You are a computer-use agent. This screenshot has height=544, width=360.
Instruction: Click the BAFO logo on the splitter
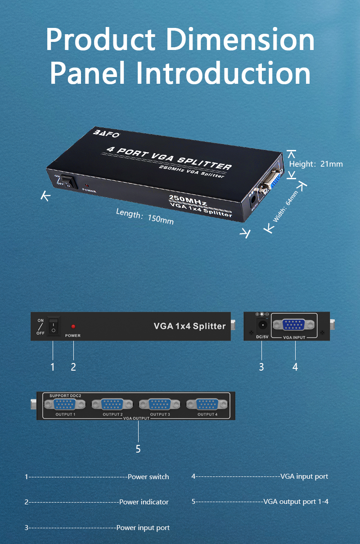coord(106,133)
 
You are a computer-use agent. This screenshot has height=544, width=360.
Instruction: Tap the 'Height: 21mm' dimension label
coord(316,164)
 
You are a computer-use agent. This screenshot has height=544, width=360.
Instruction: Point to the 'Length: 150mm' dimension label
coord(145,216)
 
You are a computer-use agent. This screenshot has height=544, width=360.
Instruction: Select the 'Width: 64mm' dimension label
coord(285,206)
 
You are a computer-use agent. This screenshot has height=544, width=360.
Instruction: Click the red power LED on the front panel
coord(73,326)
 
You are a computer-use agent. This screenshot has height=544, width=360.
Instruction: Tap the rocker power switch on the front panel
coord(54,326)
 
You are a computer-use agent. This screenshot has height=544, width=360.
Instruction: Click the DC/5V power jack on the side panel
coord(262,325)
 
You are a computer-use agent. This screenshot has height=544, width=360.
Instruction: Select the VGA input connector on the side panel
coord(294,325)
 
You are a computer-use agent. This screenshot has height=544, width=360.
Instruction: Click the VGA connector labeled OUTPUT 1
coord(65,404)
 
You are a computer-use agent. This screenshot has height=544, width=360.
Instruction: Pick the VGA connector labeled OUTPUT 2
coord(112,404)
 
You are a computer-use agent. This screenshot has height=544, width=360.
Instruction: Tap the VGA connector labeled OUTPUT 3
coord(159,404)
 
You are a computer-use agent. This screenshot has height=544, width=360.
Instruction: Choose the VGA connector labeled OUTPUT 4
coord(207,404)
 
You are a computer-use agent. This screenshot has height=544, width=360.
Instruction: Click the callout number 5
coord(138,449)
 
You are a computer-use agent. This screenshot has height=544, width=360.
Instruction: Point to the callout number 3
coord(261,367)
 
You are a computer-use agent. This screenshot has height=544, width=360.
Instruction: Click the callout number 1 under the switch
coord(53,367)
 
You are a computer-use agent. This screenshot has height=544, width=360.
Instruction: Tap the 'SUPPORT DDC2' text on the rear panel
coord(65,395)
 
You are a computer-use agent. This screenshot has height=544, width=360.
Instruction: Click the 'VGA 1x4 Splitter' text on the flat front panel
coord(189,326)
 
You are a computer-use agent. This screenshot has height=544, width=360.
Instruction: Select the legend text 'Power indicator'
coord(144,502)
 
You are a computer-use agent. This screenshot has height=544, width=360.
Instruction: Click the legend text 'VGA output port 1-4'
coord(296,501)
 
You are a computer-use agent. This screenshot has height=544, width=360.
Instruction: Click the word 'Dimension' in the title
coord(240,39)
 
